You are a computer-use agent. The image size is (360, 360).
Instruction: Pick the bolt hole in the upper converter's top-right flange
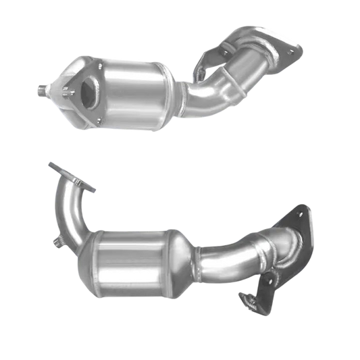pyautogui.click(x=291, y=49)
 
